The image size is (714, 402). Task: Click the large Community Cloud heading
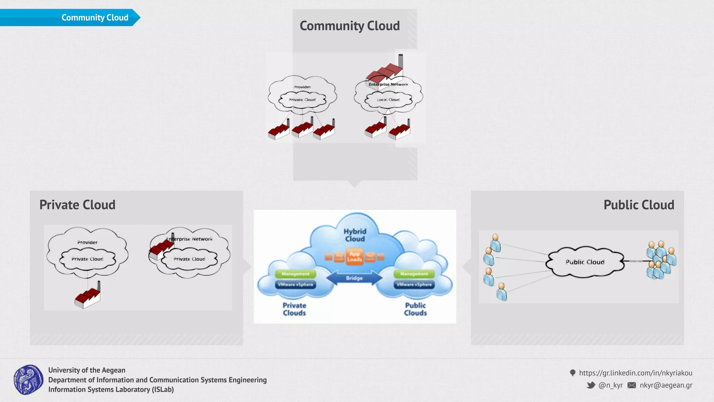(349, 26)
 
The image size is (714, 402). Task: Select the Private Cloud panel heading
(77, 205)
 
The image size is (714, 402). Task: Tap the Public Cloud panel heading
(639, 205)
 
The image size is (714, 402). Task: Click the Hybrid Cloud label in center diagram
(355, 235)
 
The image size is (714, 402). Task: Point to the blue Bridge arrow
(354, 278)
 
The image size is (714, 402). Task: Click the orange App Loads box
(354, 257)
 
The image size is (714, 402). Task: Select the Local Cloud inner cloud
(388, 100)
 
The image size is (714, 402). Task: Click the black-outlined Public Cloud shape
(585, 262)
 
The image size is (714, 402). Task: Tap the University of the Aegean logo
(29, 380)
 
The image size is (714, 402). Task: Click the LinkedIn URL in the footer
(635, 373)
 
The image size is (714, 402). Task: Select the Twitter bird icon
(591, 385)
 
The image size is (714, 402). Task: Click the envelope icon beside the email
(631, 385)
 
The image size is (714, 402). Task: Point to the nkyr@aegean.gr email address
(666, 385)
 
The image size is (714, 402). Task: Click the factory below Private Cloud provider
(88, 297)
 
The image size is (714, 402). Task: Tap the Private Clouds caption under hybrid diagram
(294, 309)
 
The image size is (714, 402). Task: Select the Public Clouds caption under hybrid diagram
(415, 309)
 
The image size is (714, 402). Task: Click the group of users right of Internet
(661, 260)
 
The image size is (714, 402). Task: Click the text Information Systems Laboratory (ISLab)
(111, 389)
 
